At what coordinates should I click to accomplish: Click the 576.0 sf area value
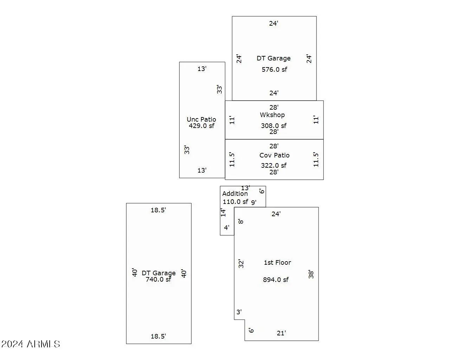[274, 70]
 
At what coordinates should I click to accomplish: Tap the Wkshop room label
[272, 115]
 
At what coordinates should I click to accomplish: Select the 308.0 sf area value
[274, 126]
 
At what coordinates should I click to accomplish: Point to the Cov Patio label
[275, 155]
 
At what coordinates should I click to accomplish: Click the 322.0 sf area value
[274, 165]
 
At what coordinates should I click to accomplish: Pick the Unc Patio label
[201, 120]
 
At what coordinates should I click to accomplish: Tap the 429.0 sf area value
[201, 126]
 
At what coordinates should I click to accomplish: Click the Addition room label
[235, 194]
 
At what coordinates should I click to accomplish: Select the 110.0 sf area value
[235, 202]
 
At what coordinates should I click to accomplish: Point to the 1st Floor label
[277, 263]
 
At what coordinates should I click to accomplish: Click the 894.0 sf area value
[276, 280]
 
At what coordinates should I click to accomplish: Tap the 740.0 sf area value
[158, 279]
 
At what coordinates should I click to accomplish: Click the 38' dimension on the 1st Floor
[311, 274]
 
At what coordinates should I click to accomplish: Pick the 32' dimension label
[241, 264]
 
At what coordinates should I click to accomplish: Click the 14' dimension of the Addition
[223, 212]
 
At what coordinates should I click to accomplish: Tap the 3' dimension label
[239, 312]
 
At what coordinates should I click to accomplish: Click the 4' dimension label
[227, 227]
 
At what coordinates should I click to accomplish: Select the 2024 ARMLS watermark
[31, 344]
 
